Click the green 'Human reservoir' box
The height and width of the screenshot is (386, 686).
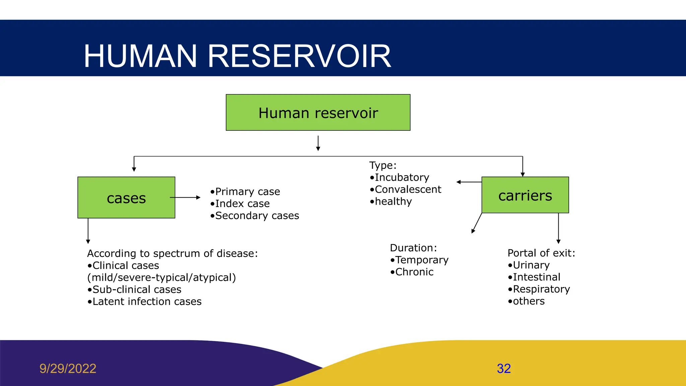tap(318, 113)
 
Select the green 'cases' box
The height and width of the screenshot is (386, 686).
tap(126, 198)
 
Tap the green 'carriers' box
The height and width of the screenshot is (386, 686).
tap(525, 195)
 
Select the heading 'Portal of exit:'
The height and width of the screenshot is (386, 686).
tap(541, 253)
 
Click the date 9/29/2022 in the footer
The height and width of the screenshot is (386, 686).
tap(68, 369)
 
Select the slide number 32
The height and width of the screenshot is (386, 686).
tap(503, 369)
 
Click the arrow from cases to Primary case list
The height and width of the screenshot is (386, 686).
tap(185, 198)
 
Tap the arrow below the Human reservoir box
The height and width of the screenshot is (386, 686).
tap(318, 143)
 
